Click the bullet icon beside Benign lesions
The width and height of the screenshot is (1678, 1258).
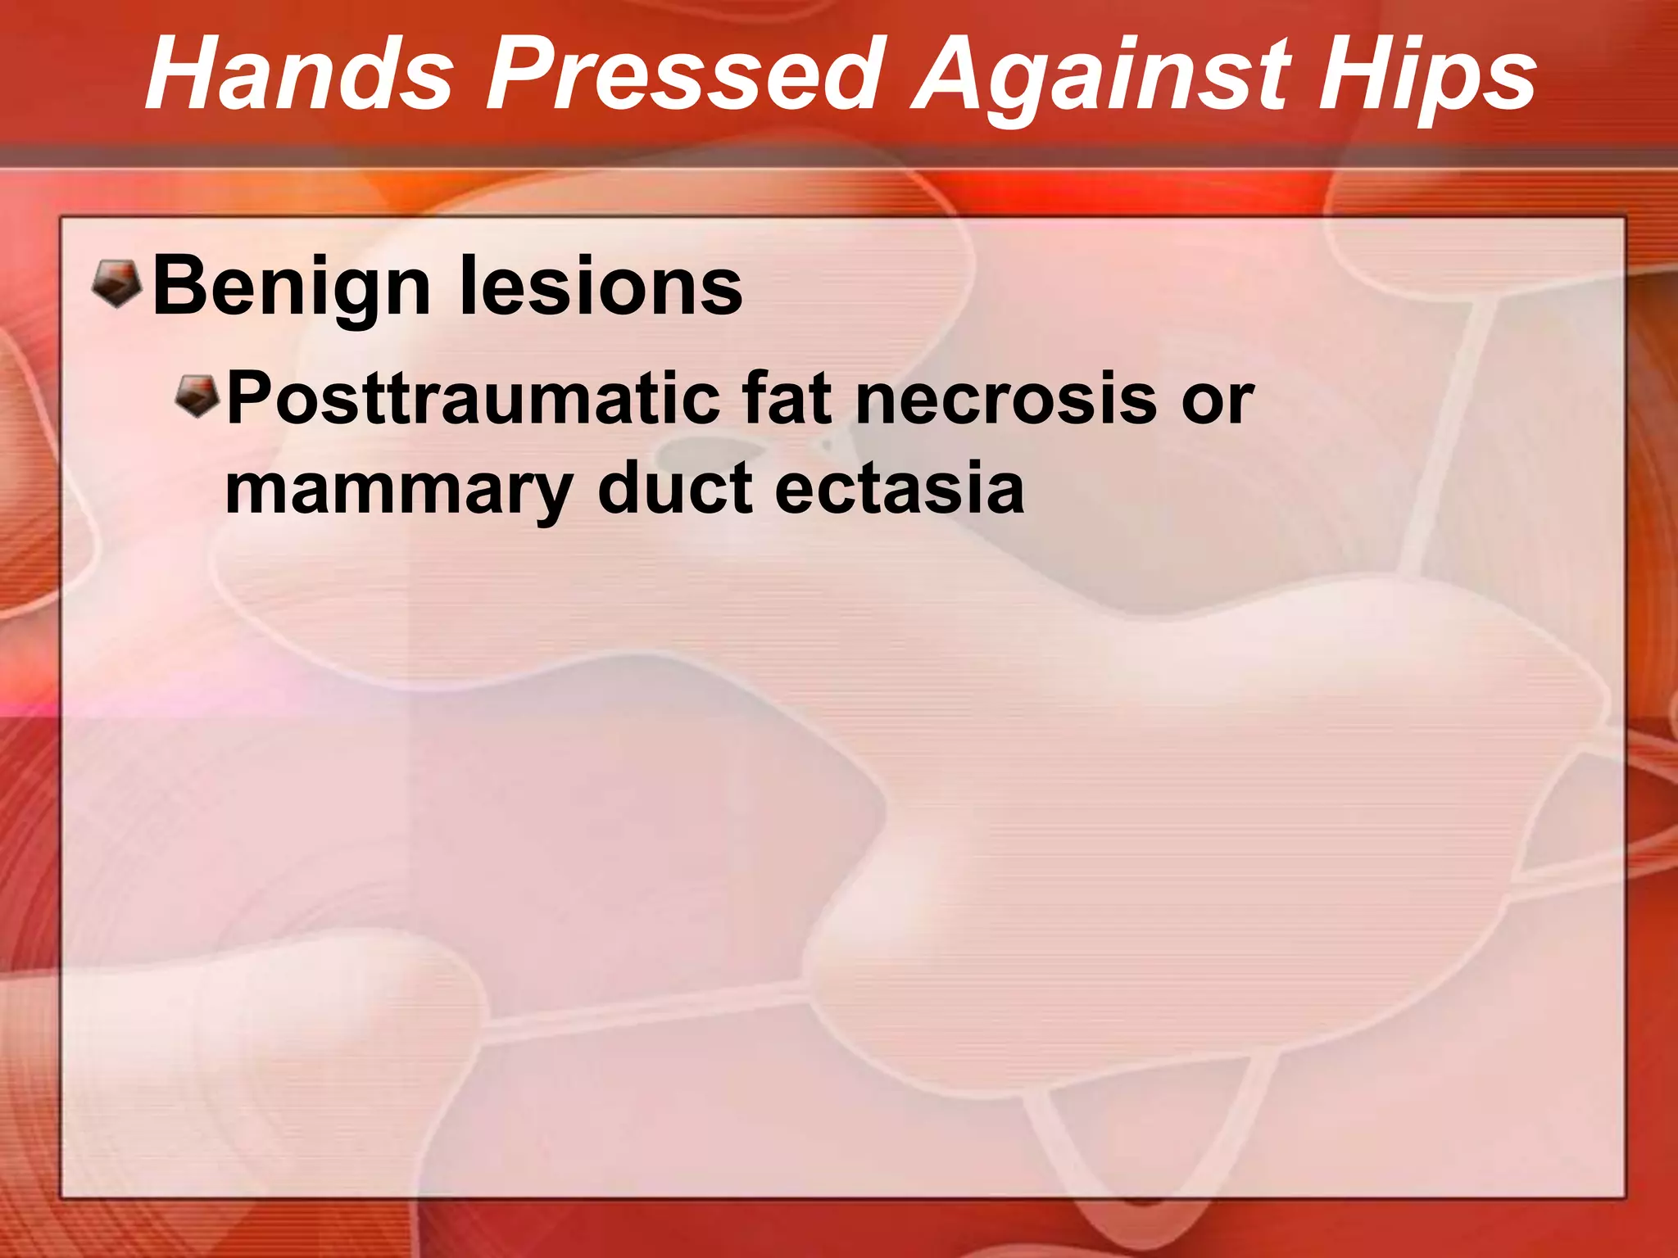point(117,283)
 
